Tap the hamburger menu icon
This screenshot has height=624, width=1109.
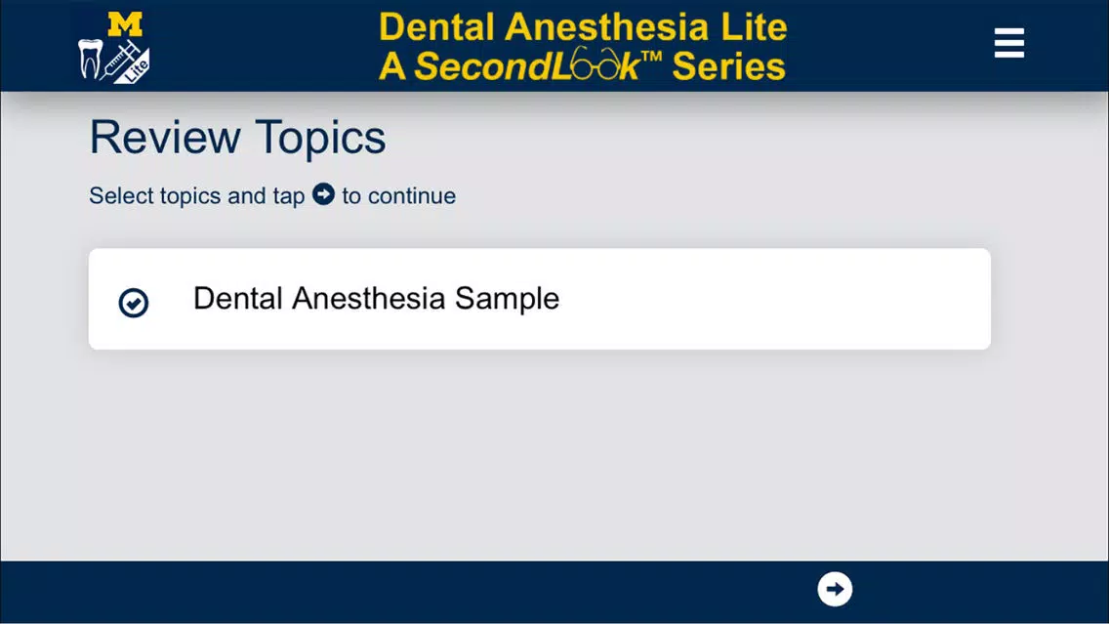(x=1008, y=43)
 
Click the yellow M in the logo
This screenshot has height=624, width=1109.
(x=125, y=24)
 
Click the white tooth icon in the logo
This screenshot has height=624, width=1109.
(x=90, y=59)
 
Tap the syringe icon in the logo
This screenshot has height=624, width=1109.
(x=122, y=60)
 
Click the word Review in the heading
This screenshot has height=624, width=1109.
(x=165, y=137)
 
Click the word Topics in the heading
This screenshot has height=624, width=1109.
(x=320, y=139)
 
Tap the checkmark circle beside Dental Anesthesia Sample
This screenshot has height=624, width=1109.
(x=133, y=303)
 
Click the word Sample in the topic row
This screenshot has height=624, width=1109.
(x=507, y=299)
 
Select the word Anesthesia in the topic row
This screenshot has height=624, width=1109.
(x=368, y=298)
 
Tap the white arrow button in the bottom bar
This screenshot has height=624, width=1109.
(x=835, y=590)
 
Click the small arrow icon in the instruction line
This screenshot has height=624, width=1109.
(x=323, y=194)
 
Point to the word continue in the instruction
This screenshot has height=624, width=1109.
(x=412, y=196)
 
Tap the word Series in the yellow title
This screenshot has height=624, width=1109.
(x=728, y=66)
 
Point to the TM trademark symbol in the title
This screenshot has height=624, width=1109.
(x=651, y=57)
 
